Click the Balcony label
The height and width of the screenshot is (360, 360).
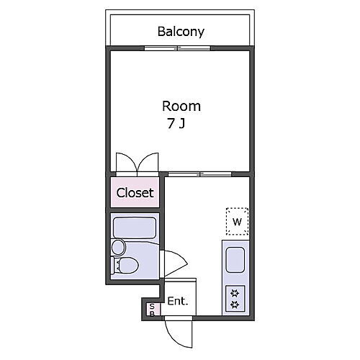coord(181,32)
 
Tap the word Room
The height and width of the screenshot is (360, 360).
coord(181,106)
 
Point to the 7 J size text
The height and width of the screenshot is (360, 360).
coord(176,124)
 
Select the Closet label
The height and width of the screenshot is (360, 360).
coord(135,192)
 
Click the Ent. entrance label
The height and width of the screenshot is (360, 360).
coord(178,301)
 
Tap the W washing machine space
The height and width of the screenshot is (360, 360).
coord(237,221)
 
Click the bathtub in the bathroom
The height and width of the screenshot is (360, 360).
coord(135,228)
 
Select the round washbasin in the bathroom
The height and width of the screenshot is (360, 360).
coord(119,247)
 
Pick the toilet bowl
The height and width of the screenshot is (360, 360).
coord(129,265)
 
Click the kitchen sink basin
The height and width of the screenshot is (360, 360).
coord(235,260)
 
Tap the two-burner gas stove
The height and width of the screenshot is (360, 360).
coord(235,299)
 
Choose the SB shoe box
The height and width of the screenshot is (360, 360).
coord(153,310)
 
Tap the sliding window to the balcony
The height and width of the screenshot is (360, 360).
coord(177,48)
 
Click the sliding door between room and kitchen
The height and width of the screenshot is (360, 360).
coord(199,174)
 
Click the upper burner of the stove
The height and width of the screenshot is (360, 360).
coord(235,293)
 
